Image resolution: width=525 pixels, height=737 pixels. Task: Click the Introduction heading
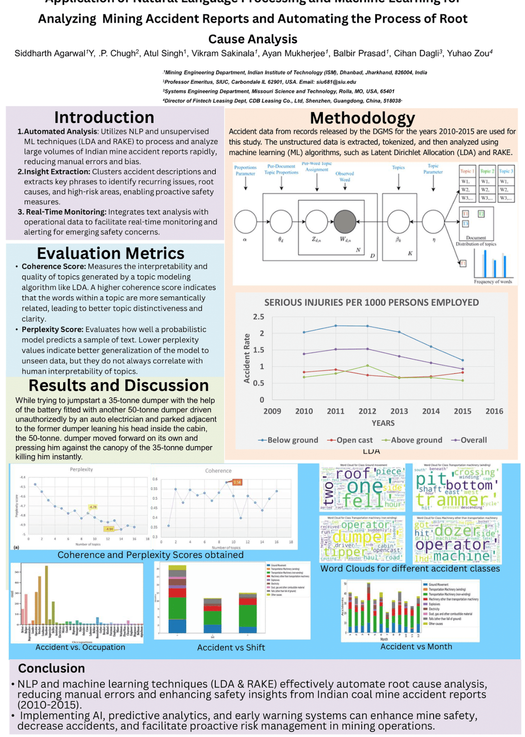(104, 118)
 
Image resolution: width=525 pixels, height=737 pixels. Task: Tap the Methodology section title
(363, 118)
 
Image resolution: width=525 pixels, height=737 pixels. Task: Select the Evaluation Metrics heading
(110, 253)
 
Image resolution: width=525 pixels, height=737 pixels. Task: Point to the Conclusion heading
(52, 668)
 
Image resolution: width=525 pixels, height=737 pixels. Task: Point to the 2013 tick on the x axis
(399, 411)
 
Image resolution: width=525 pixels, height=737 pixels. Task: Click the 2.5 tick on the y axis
(259, 317)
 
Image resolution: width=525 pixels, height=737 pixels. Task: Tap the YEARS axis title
(383, 423)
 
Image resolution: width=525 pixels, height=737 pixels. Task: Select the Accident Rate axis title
(247, 358)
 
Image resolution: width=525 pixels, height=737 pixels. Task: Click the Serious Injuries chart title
(371, 302)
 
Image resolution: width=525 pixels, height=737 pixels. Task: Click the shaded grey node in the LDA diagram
(345, 222)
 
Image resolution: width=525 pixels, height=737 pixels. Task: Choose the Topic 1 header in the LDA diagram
(467, 171)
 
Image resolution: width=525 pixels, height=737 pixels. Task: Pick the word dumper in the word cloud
(362, 537)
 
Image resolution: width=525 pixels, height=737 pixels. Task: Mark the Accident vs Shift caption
(231, 648)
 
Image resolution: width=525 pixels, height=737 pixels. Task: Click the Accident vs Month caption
(416, 647)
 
